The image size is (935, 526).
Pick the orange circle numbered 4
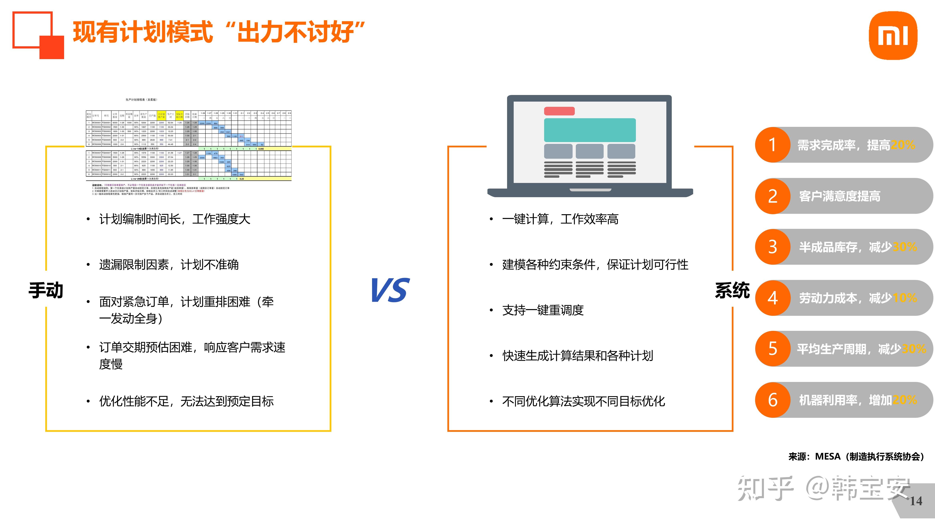tap(772, 298)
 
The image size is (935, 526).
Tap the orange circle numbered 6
tap(772, 400)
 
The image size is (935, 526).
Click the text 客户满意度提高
tap(839, 196)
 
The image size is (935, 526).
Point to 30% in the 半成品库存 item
tap(905, 247)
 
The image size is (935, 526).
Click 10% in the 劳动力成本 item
tap(905, 298)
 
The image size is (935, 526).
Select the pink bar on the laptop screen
tap(559, 111)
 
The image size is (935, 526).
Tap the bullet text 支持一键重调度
tap(543, 310)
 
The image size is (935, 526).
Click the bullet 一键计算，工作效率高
tap(560, 219)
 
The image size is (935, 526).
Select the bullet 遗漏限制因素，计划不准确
tap(169, 265)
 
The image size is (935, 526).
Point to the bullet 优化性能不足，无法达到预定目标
tap(186, 401)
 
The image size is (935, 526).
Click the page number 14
tap(915, 501)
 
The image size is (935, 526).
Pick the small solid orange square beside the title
tap(52, 47)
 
